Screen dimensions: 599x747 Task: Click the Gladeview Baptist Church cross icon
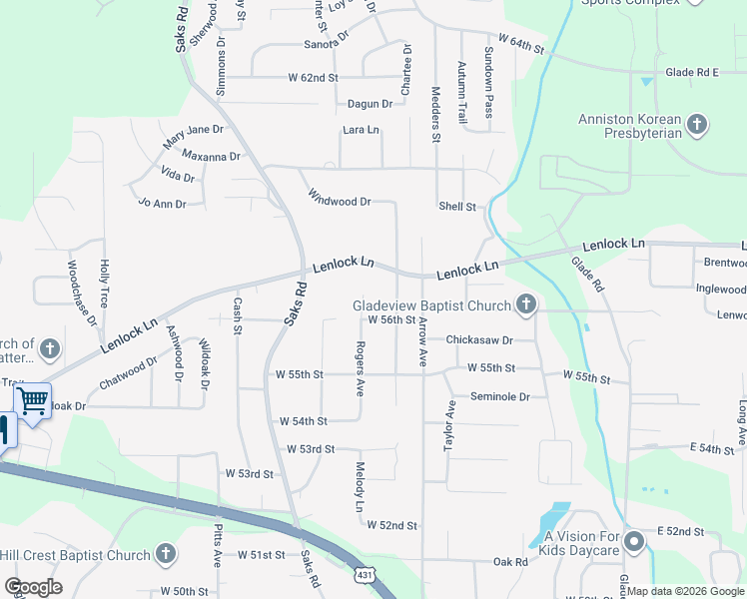(x=526, y=304)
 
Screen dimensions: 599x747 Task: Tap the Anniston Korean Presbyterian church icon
(x=697, y=125)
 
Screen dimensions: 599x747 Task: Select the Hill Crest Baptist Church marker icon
(x=166, y=554)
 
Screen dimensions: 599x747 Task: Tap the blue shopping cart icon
(x=33, y=401)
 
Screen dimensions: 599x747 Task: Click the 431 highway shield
(x=367, y=576)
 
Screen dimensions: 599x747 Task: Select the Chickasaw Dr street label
(x=478, y=339)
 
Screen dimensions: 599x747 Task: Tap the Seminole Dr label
(x=500, y=396)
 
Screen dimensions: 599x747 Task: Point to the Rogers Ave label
(x=359, y=367)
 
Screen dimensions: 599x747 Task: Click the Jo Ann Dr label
(x=162, y=204)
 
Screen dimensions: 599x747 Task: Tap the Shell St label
(x=456, y=207)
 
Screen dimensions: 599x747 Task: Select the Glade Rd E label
(x=693, y=72)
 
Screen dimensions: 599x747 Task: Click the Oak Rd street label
(x=509, y=562)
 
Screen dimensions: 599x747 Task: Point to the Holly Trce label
(x=103, y=283)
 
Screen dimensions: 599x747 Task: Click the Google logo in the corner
(x=33, y=587)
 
